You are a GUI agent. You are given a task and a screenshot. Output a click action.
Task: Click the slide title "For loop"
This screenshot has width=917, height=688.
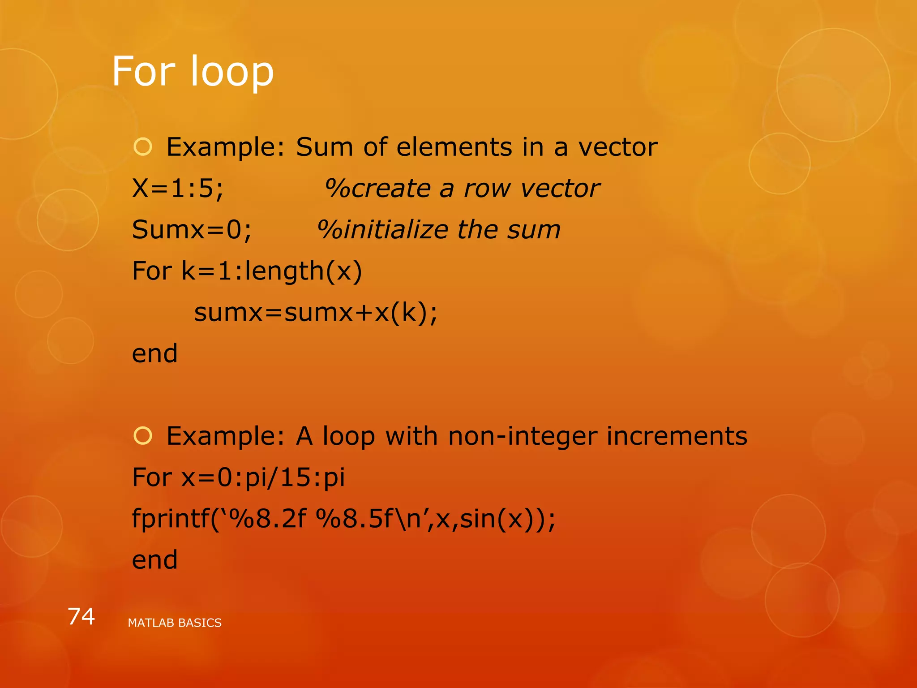pyautogui.click(x=193, y=72)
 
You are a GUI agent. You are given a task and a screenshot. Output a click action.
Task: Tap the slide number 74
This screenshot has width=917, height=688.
pyautogui.click(x=81, y=616)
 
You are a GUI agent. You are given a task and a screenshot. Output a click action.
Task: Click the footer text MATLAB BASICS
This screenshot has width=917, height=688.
pyautogui.click(x=175, y=623)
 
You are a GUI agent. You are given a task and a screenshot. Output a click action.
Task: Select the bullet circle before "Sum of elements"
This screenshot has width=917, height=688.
pyautogui.click(x=143, y=147)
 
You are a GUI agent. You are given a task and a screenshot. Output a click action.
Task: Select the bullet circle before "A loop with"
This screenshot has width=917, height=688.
pyautogui.click(x=143, y=436)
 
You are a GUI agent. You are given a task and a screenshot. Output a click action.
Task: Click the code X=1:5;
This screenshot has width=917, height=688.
pyautogui.click(x=178, y=188)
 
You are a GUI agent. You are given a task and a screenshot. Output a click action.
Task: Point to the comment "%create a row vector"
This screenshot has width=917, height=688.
pyautogui.click(x=462, y=188)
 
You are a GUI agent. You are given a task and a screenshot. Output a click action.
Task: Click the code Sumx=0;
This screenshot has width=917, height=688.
pyautogui.click(x=192, y=229)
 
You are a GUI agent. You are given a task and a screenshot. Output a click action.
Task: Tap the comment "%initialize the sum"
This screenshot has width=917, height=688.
pyautogui.click(x=439, y=229)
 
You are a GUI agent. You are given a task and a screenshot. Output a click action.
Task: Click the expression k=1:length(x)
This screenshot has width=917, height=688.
pyautogui.click(x=272, y=271)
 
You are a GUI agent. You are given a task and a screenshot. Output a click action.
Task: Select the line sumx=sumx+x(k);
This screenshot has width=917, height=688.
pyautogui.click(x=316, y=312)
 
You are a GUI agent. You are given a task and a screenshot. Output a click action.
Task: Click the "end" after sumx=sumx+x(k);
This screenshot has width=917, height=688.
pyautogui.click(x=155, y=353)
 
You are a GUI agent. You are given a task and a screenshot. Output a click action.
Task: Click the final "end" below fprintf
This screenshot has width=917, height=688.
pyautogui.click(x=155, y=560)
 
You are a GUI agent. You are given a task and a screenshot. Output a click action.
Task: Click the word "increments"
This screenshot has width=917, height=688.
pyautogui.click(x=677, y=436)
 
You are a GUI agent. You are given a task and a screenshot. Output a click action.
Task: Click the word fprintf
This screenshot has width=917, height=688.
pyautogui.click(x=170, y=519)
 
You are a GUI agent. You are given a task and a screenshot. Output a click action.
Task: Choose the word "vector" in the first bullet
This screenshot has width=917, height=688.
pyautogui.click(x=618, y=147)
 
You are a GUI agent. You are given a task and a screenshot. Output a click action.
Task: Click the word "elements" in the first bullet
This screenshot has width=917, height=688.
pyautogui.click(x=454, y=147)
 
